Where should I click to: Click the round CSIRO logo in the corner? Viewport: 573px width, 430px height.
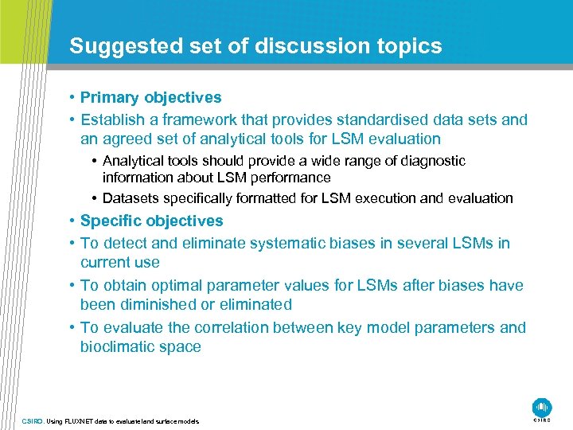pos(542,406)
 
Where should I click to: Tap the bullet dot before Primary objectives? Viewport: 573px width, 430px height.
pos(72,98)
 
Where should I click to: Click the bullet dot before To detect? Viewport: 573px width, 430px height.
pos(72,243)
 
